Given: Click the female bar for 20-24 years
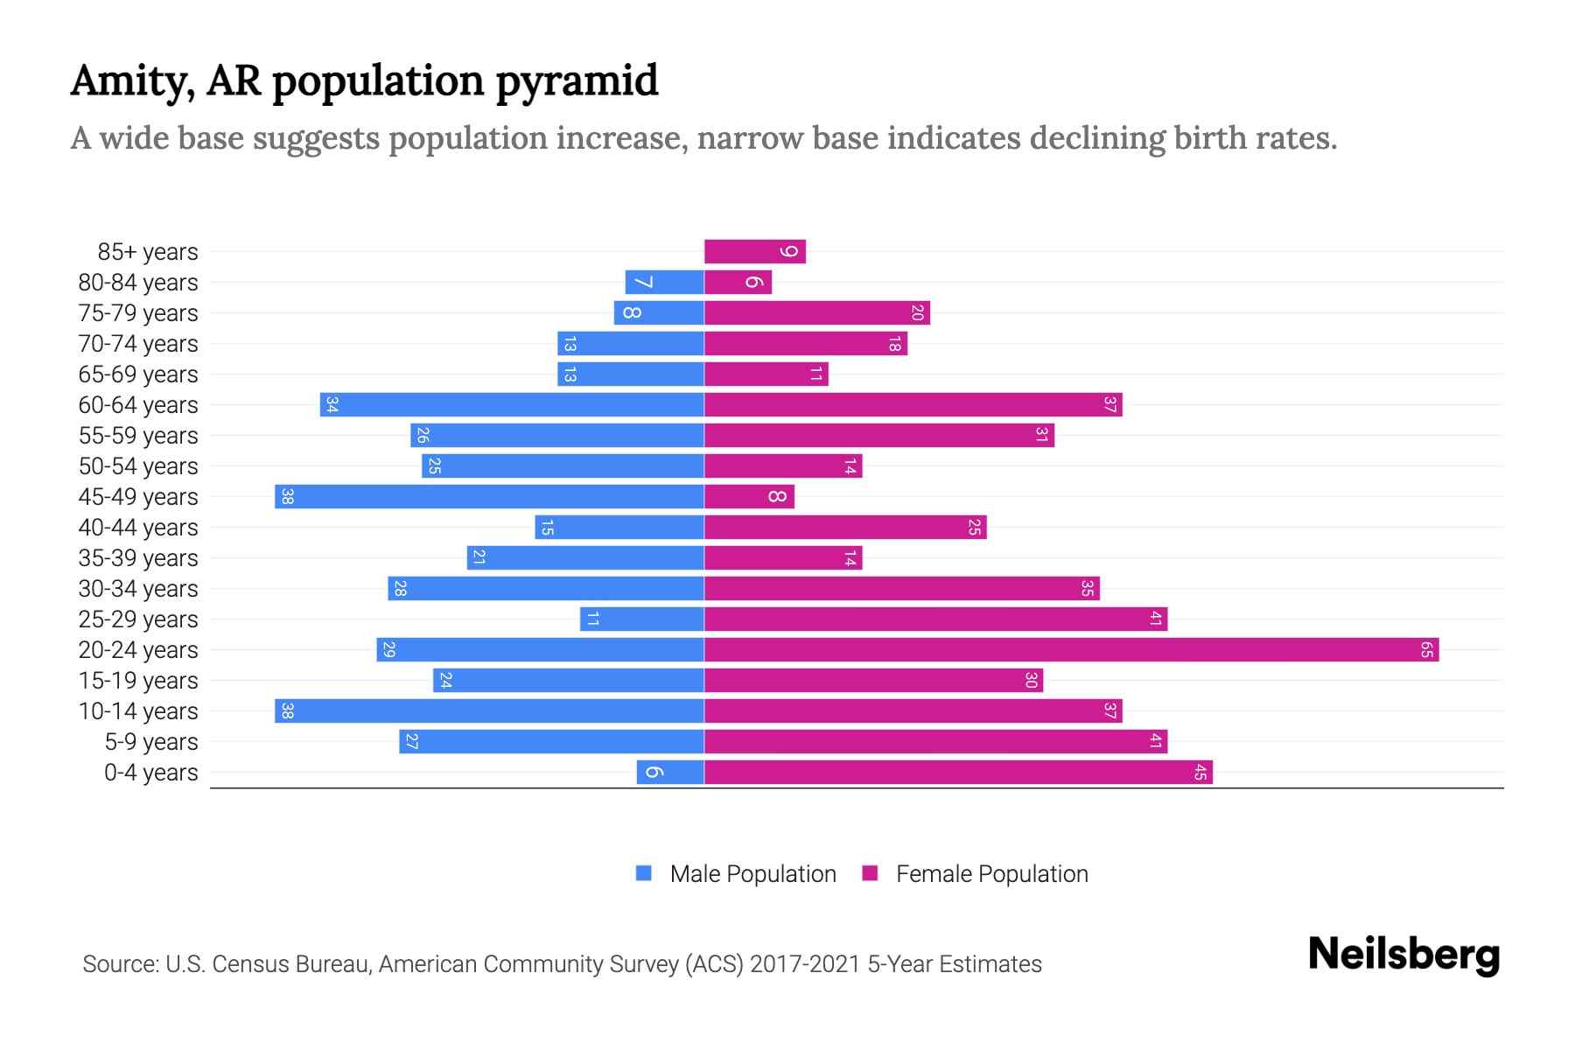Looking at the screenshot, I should click(x=1071, y=650).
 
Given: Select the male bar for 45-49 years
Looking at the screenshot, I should click(x=490, y=497).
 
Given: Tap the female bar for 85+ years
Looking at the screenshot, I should click(x=754, y=252).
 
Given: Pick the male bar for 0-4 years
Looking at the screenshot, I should click(x=670, y=773).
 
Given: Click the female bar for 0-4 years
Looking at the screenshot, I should click(x=958, y=773).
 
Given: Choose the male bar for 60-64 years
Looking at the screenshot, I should click(x=512, y=405).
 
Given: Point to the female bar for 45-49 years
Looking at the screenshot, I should click(x=749, y=497).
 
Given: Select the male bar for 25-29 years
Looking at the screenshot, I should click(x=641, y=619).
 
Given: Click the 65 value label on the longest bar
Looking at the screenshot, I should click(x=1426, y=650).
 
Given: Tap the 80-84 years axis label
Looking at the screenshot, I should click(x=138, y=283).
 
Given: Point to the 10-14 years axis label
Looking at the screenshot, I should click(x=138, y=711).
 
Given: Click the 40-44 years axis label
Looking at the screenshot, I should click(x=138, y=528).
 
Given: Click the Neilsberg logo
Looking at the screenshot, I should click(x=1403, y=955).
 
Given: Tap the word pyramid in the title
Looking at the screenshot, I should click(x=577, y=81).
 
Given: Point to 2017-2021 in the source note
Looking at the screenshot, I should click(x=805, y=964).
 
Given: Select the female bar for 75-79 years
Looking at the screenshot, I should click(x=816, y=313).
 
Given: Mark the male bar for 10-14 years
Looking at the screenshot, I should click(x=490, y=711).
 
